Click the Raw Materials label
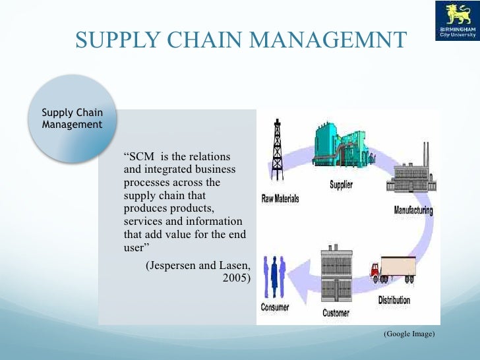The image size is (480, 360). pyautogui.click(x=280, y=198)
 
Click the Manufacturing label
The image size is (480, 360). pyautogui.click(x=413, y=211)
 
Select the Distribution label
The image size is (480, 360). pyautogui.click(x=394, y=301)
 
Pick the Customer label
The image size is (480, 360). pyautogui.click(x=336, y=313)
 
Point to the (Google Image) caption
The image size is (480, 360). pyautogui.click(x=409, y=334)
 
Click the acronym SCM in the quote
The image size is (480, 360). pyautogui.click(x=140, y=158)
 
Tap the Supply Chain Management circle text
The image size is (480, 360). pyautogui.click(x=72, y=118)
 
